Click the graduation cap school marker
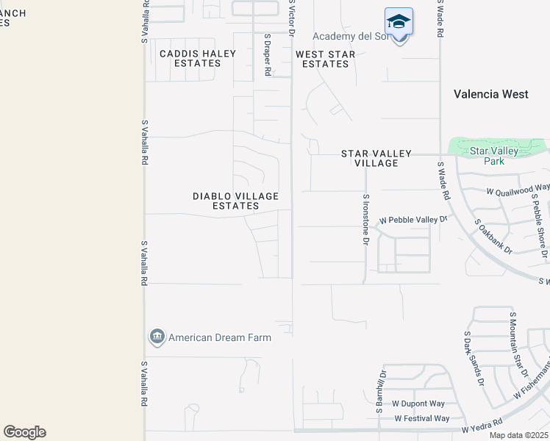(399, 21)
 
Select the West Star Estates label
(325, 60)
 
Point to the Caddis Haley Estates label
(198, 59)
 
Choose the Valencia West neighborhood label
(490, 94)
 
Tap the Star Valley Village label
(376, 158)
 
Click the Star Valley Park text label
(494, 156)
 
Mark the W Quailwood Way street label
(518, 190)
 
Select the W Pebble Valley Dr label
(413, 220)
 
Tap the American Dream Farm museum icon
(157, 337)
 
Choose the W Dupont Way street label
(418, 404)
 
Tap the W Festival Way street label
(421, 418)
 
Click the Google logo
(25, 432)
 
